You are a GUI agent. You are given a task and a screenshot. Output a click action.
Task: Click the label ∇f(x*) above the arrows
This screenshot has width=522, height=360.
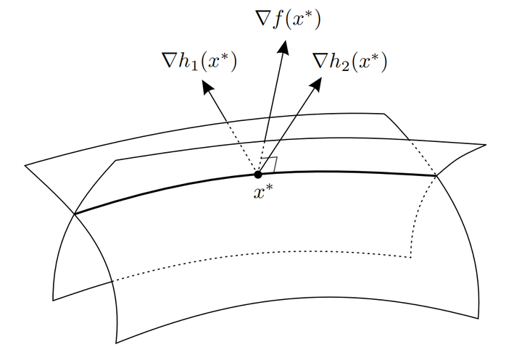[288, 19]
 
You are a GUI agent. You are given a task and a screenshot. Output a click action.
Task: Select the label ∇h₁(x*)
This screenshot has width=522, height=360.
[199, 63]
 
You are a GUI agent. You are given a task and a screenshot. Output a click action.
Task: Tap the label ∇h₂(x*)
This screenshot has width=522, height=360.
[349, 63]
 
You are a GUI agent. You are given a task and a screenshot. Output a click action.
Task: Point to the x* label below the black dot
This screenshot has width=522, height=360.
[262, 192]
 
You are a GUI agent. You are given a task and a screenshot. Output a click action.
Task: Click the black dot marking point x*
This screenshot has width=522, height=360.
[258, 174]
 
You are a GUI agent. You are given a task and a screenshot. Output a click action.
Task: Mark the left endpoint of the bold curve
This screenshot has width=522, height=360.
[75, 214]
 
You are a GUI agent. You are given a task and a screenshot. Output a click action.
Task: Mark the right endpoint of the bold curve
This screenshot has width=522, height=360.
[436, 175]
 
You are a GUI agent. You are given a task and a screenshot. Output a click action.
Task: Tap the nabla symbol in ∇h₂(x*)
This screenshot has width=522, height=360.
[320, 63]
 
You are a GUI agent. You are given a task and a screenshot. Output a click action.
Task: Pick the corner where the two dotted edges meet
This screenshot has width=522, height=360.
[411, 256]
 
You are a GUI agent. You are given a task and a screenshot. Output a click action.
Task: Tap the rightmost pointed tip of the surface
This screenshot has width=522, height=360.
[485, 145]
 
